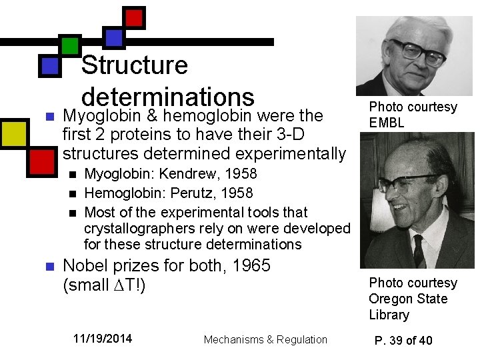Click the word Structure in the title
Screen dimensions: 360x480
coord(134,65)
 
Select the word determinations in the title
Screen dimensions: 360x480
coord(168,96)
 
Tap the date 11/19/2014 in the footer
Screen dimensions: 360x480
coord(103,339)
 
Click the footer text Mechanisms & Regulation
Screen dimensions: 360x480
coord(265,339)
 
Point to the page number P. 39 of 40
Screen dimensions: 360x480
coord(403,341)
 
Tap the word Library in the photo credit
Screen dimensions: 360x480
coord(389,315)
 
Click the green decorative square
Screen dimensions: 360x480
coord(69,45)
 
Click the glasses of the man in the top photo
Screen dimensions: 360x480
coord(417,52)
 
